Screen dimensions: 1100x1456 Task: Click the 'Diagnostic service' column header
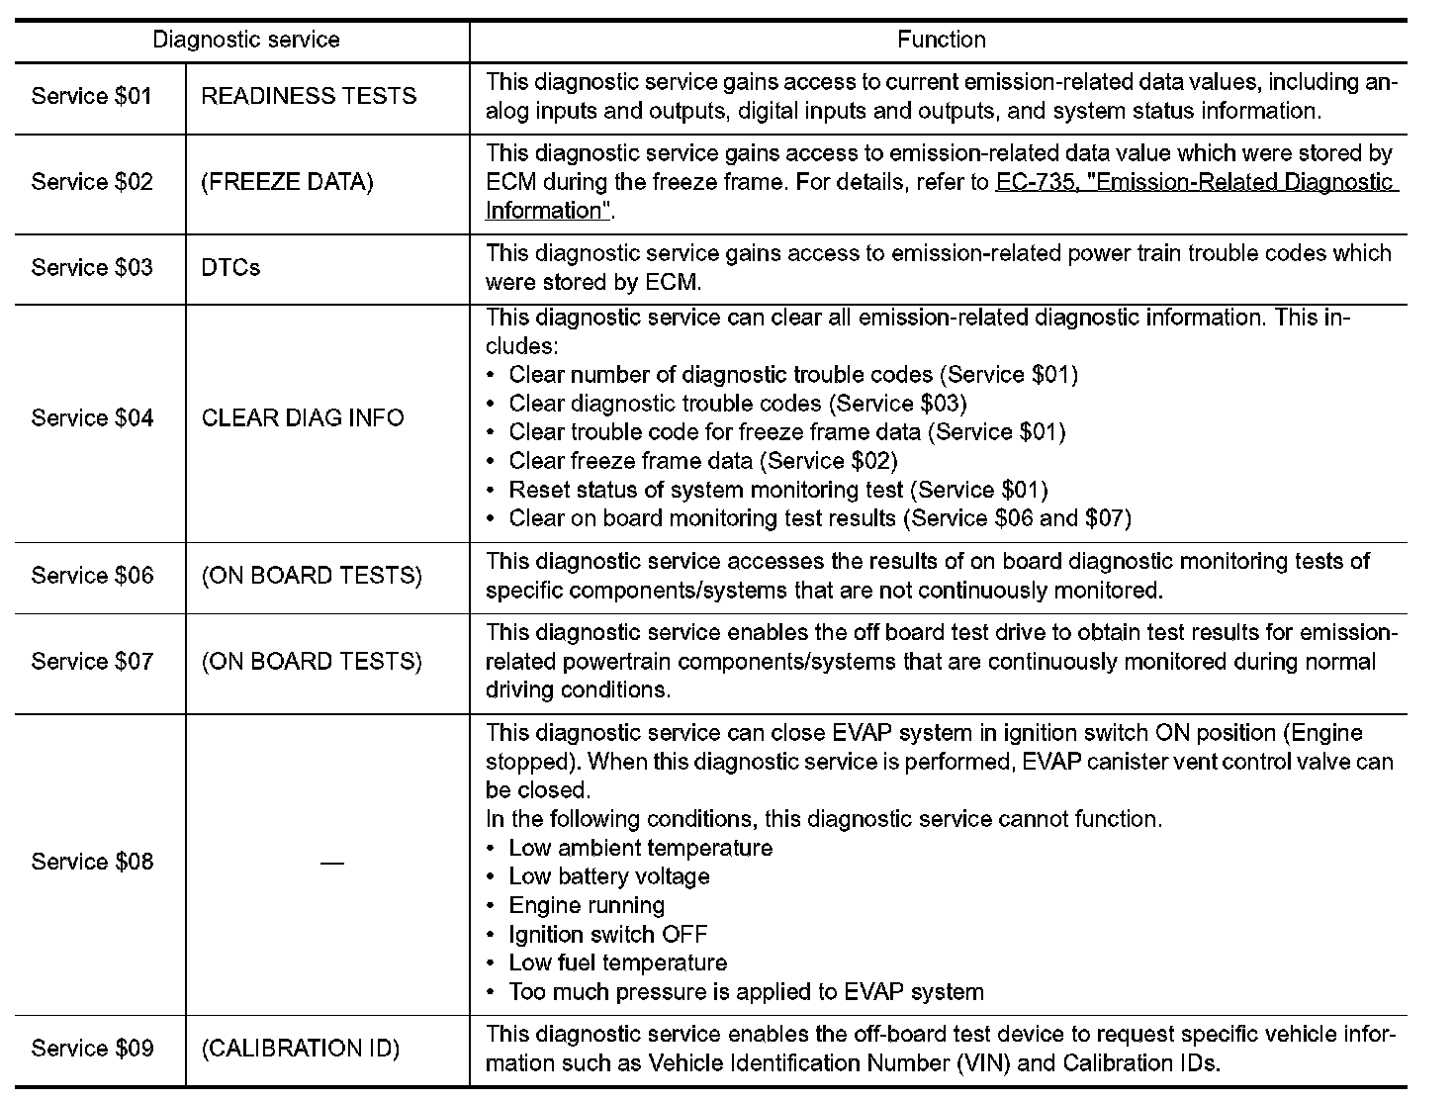(x=245, y=41)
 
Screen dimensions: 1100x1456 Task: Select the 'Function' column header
(x=941, y=41)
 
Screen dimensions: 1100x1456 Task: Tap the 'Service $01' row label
(x=92, y=97)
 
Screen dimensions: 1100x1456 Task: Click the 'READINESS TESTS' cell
(x=309, y=97)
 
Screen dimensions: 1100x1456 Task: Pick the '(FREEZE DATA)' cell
(x=287, y=183)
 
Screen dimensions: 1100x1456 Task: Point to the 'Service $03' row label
(x=92, y=268)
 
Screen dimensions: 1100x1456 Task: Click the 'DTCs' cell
(x=230, y=268)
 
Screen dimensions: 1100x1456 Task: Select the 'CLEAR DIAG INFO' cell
(x=303, y=418)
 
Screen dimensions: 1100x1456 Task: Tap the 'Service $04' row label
(x=92, y=418)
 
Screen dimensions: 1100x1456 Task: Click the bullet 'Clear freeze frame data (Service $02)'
(x=702, y=461)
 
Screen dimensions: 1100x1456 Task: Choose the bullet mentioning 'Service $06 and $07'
(x=819, y=518)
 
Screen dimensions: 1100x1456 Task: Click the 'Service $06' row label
(x=92, y=576)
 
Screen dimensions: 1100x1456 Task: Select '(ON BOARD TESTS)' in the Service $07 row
(x=312, y=661)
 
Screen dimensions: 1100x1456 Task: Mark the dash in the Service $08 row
(x=331, y=863)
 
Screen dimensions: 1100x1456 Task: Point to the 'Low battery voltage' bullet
(x=608, y=877)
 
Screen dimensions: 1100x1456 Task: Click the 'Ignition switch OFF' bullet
(x=607, y=935)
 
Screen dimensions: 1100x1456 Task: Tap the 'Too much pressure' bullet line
(x=746, y=992)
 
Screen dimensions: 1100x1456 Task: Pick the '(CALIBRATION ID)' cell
(x=301, y=1049)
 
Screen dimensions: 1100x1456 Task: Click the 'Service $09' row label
(x=92, y=1049)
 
